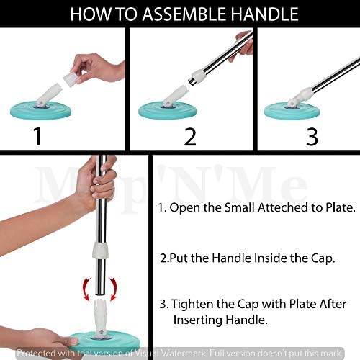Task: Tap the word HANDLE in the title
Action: [x=265, y=14]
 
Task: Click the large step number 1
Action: [x=37, y=136]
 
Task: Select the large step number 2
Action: [x=190, y=137]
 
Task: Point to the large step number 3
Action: [x=312, y=137]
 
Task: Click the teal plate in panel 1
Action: [x=41, y=110]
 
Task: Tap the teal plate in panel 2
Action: [x=168, y=110]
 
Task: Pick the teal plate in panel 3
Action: [x=292, y=111]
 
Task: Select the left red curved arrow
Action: [x=86, y=289]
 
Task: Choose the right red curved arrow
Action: [x=113, y=289]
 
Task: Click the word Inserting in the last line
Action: [x=198, y=320]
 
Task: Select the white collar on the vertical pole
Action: [x=100, y=250]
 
